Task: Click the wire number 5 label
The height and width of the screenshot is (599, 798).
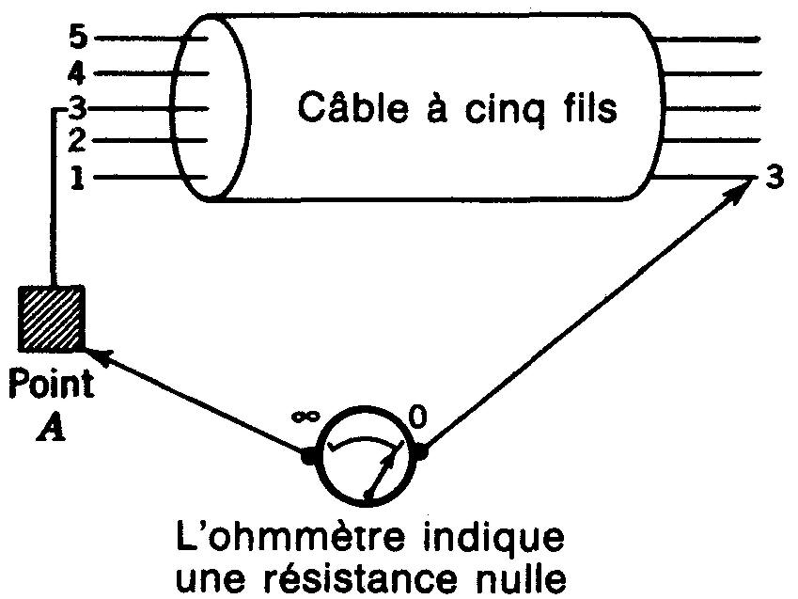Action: click(79, 39)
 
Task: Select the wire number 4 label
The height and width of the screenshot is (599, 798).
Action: click(79, 72)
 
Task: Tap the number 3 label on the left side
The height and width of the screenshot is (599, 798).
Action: click(79, 107)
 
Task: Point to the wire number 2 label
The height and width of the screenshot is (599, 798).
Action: click(79, 142)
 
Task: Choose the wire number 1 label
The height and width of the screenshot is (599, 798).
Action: click(79, 176)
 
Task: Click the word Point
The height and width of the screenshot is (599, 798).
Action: click(51, 385)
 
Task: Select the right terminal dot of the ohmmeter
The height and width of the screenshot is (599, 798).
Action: click(421, 453)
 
